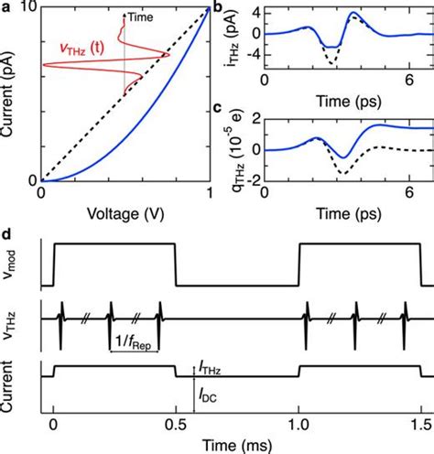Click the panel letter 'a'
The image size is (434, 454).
click(x=6, y=7)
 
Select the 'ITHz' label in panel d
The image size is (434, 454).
click(x=209, y=367)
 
